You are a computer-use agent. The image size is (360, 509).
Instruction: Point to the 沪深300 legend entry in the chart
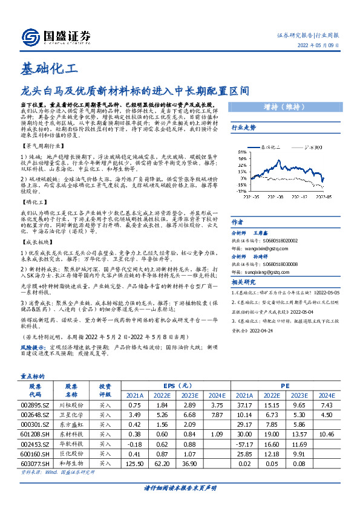(313, 147)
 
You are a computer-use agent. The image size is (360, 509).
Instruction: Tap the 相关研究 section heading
(244, 282)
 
